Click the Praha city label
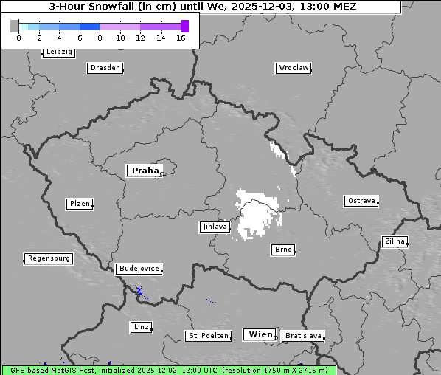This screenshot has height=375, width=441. [x=144, y=171]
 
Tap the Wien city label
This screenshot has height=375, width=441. [x=260, y=334]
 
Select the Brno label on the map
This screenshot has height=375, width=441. [x=283, y=250]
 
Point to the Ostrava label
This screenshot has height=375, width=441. [x=361, y=201]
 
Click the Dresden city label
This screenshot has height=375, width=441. [x=104, y=68]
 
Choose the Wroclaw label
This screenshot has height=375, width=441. [x=293, y=68]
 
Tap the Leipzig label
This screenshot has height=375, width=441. [x=58, y=52]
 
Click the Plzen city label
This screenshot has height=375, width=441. [x=79, y=204]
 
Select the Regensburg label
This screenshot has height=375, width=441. [x=49, y=258]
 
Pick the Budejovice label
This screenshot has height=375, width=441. [x=138, y=269]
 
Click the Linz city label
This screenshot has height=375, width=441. [x=141, y=326]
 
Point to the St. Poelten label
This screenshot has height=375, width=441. [x=208, y=336]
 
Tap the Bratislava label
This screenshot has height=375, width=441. [x=303, y=336]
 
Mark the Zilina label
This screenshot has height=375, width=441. [x=395, y=241]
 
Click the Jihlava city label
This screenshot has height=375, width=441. [x=214, y=227]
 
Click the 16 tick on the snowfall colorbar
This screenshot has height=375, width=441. [x=181, y=38]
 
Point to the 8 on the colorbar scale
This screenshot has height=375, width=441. [x=100, y=38]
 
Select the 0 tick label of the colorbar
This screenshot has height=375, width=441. [x=18, y=38]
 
